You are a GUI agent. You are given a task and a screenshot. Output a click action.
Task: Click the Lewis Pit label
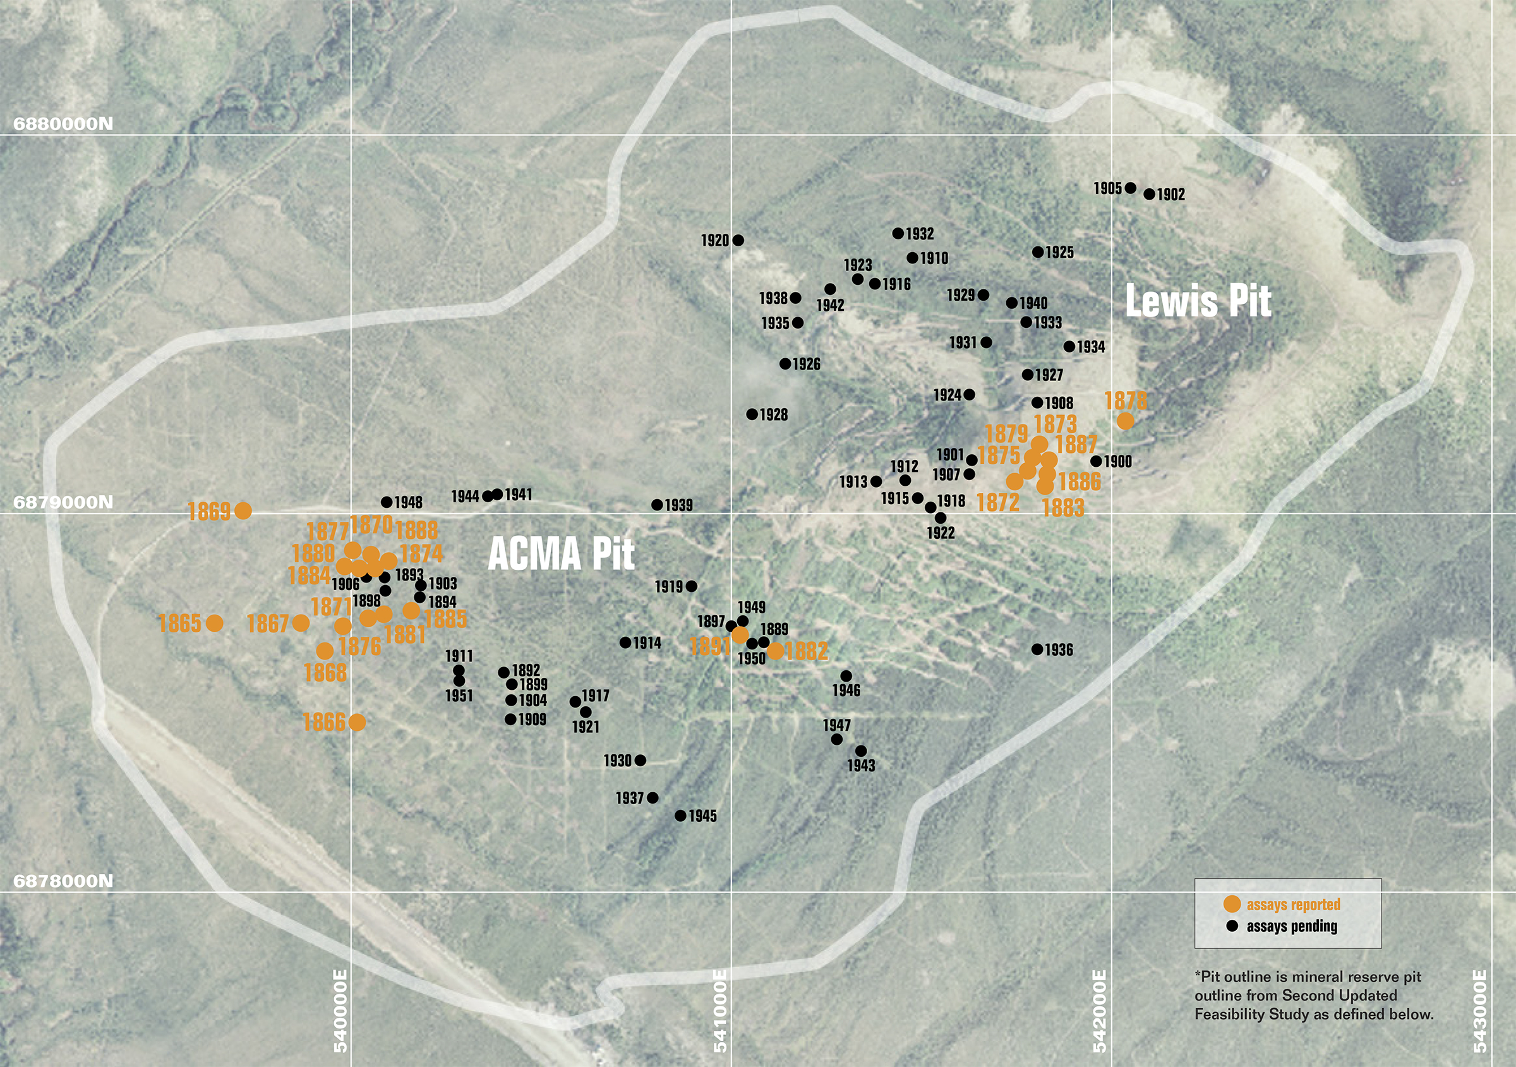pyautogui.click(x=1198, y=301)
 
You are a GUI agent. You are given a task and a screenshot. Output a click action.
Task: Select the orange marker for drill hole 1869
pyautogui.click(x=243, y=510)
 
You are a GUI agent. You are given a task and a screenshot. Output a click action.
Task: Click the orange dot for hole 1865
pyautogui.click(x=215, y=623)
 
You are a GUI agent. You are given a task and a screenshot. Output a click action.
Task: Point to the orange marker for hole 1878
pyautogui.click(x=1125, y=421)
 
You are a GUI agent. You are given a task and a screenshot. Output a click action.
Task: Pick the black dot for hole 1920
pyautogui.click(x=738, y=240)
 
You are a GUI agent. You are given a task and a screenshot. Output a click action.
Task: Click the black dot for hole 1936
pyautogui.click(x=1037, y=649)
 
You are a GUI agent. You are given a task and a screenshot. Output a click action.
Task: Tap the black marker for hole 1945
pyautogui.click(x=680, y=816)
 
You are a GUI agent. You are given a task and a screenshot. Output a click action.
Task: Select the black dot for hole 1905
pyautogui.click(x=1131, y=188)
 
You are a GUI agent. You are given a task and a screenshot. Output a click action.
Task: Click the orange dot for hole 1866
pyautogui.click(x=356, y=722)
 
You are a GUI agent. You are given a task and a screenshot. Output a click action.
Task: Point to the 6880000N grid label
pyautogui.click(x=63, y=124)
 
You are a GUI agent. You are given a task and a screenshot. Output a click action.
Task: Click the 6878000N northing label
pyautogui.click(x=63, y=881)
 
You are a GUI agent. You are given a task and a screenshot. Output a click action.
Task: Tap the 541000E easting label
pyautogui.click(x=720, y=1010)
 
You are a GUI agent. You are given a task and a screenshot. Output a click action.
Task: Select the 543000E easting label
pyautogui.click(x=1480, y=1010)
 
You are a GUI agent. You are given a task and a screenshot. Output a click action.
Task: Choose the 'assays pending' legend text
pyautogui.click(x=1292, y=926)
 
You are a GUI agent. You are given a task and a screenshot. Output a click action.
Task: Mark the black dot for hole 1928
pyautogui.click(x=752, y=414)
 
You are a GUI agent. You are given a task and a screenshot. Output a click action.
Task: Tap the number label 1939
pyautogui.click(x=679, y=505)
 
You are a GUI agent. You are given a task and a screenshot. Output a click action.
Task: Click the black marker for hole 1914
pyautogui.click(x=625, y=642)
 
